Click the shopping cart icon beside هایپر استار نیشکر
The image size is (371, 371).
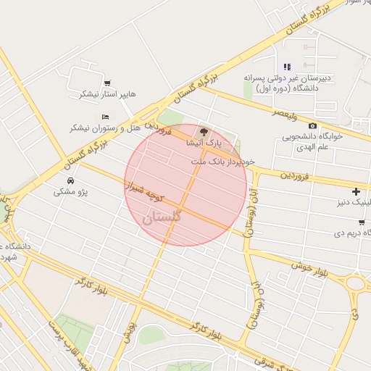pos(108,83)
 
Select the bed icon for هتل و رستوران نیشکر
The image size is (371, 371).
pos(106,117)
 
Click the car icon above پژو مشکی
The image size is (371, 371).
pos(70,180)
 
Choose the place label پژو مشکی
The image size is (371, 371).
pos(70,192)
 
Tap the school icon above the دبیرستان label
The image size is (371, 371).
pos(287,67)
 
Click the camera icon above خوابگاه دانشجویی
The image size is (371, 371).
pos(312,126)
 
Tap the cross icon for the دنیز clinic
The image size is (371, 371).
pos(356,191)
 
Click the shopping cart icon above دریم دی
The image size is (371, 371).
pos(361,222)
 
